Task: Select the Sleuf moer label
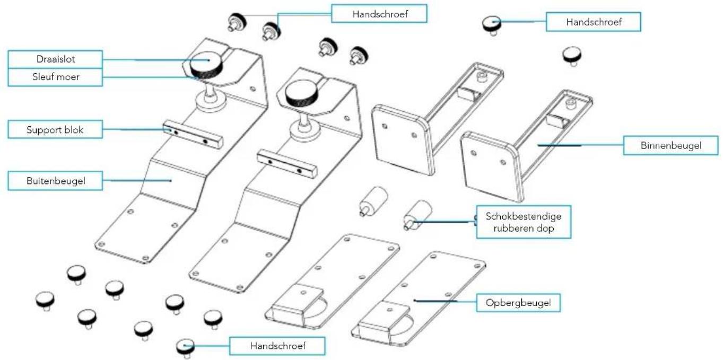click(55, 77)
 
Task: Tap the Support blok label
click(55, 129)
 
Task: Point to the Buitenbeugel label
click(55, 181)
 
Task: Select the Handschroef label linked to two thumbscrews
click(379, 13)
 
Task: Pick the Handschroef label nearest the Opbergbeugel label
click(277, 347)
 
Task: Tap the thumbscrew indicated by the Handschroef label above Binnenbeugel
click(492, 23)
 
